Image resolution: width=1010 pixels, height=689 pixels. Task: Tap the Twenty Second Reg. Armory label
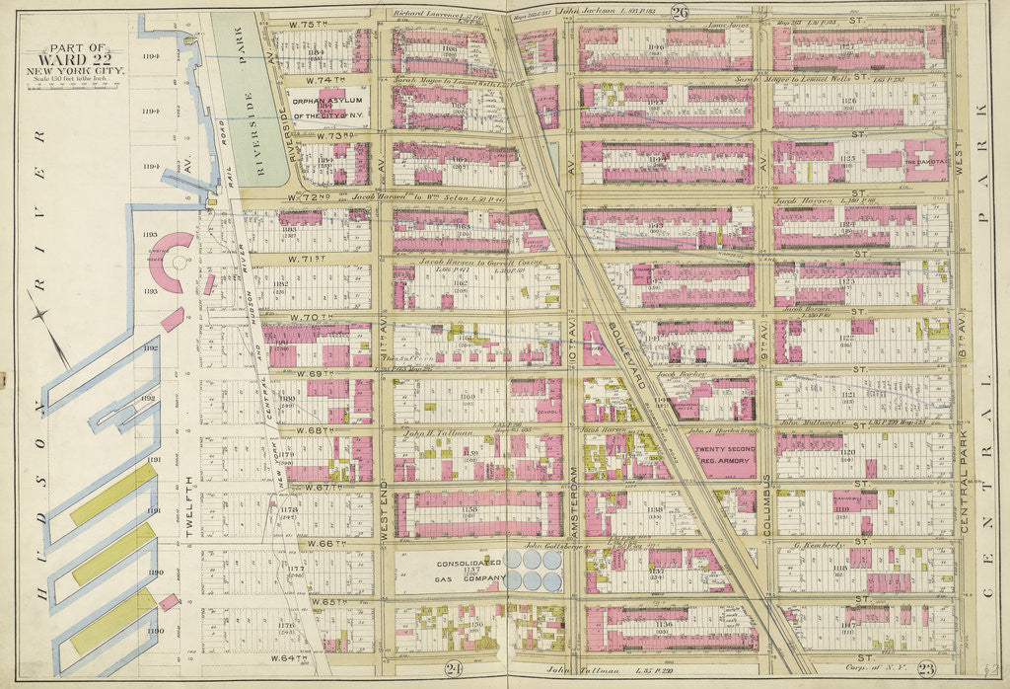pyautogui.click(x=725, y=455)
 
